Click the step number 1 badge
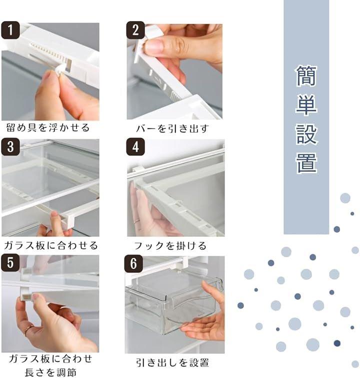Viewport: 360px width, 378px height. pos(10,30)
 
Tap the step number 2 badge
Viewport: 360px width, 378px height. pos(135,30)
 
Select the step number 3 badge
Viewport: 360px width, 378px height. pos(10,147)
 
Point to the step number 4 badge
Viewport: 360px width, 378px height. pos(135,147)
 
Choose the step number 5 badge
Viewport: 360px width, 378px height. pos(10,263)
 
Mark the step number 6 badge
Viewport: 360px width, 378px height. pos(133,263)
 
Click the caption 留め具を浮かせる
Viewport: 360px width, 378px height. pos(48,128)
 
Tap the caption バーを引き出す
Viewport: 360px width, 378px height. pos(172,129)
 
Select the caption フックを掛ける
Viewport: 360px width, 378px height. pos(170,246)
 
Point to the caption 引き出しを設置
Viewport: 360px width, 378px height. pos(172,363)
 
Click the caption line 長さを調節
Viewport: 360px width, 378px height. pos(50,372)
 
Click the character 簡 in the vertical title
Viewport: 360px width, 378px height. pos(306,76)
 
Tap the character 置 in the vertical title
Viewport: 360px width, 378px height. pos(306,163)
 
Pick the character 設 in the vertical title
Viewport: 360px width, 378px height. pos(306,134)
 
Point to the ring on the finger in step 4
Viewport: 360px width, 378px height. pos(136,222)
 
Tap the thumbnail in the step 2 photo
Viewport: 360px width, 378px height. pos(154,46)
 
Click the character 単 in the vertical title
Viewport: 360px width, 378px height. pos(306,105)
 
